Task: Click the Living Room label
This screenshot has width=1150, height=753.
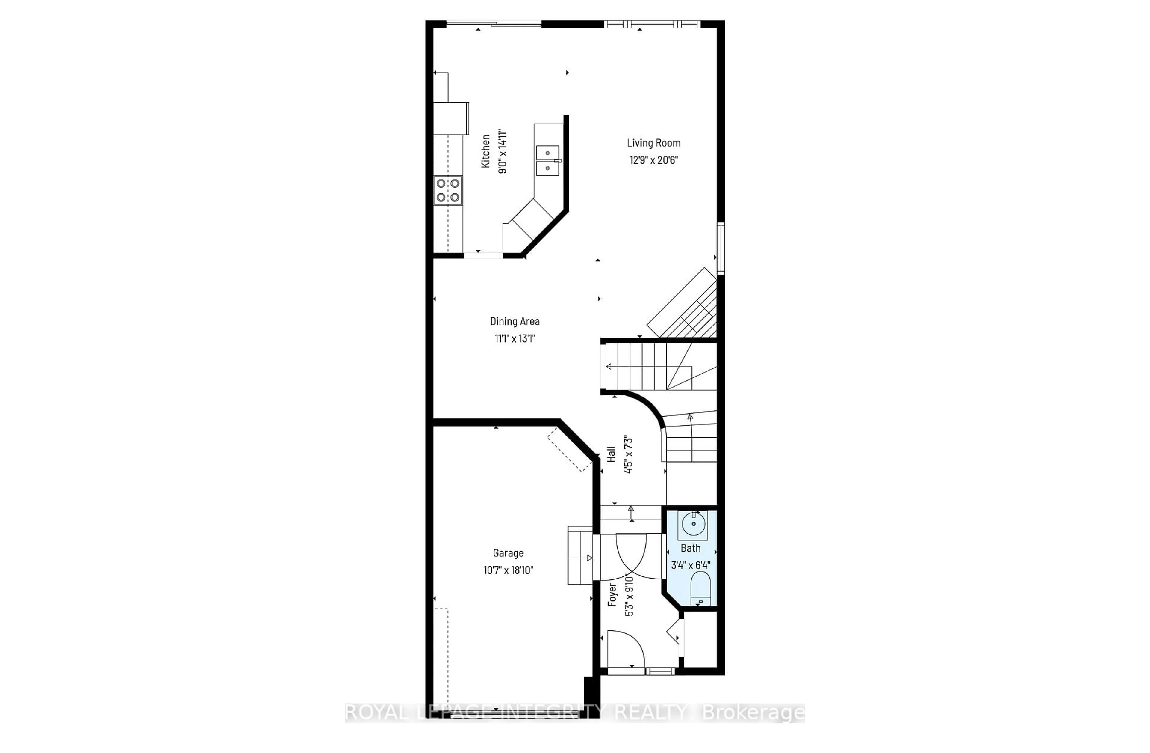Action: point(653,143)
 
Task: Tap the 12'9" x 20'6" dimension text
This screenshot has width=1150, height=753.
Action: point(653,160)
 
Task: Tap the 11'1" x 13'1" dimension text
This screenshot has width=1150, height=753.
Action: point(515,338)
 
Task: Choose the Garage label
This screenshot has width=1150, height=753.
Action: point(508,553)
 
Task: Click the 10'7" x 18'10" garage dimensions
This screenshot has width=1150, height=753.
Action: point(508,570)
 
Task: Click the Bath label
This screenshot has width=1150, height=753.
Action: point(691,548)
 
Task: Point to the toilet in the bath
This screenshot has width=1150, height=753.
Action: point(700,588)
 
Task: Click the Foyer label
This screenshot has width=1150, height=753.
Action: point(612,595)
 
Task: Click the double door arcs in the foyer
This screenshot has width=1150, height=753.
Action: point(631,556)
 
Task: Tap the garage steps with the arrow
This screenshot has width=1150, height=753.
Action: point(580,556)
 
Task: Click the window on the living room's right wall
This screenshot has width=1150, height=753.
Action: point(721,248)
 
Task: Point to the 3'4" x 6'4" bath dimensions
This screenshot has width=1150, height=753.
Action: point(691,565)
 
